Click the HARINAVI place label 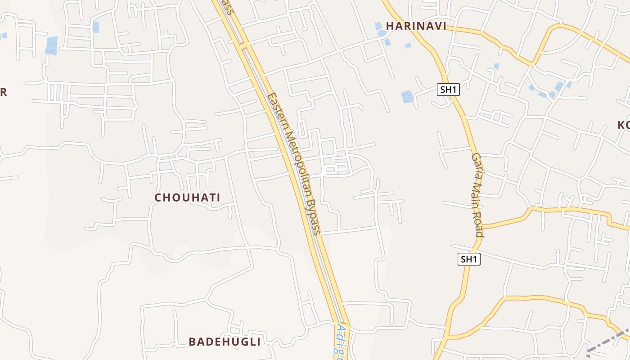click(416, 26)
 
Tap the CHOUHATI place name click(187, 198)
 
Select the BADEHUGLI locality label click(225, 342)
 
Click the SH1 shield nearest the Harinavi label click(448, 90)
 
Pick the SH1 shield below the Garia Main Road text click(469, 259)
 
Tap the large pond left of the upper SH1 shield click(407, 96)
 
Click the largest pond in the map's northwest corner click(52, 45)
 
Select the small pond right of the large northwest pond click(95, 27)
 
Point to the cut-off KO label click(624, 125)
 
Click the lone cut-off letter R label click(3, 92)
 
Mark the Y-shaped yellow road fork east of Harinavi click(532, 63)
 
